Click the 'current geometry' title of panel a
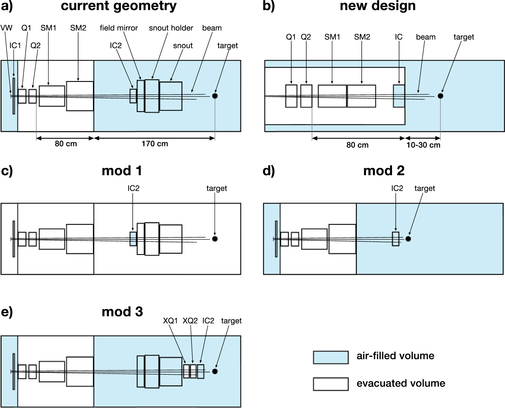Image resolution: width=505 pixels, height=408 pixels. pos(119,6)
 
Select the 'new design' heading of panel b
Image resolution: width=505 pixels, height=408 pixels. pos(378,6)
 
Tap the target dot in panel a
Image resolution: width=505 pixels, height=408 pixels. pos(215,96)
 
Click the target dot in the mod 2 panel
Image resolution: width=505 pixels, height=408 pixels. pos(408,239)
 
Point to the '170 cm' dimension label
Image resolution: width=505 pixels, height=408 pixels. pos(155,144)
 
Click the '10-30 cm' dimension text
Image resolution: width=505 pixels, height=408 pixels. pos(423,145)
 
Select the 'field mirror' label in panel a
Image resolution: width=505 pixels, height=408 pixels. pos(119,28)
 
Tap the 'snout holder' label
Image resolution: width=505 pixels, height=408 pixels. pos(171,28)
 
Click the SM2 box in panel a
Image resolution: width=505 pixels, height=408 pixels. pos(80,96)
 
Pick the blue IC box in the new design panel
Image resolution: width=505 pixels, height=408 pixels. pos(399,96)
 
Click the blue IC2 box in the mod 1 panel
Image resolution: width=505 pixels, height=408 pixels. pos(133,239)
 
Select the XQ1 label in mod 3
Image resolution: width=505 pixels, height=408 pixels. pos(170,321)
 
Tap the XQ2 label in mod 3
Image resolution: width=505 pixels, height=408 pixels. pos(190,321)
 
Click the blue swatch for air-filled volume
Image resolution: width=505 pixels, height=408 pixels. pos(331,358)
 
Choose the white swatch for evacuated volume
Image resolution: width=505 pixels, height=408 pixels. pos(331,384)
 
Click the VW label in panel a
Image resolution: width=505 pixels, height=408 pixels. pos(6,28)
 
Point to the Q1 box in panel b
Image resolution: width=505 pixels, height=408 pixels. pos(291,96)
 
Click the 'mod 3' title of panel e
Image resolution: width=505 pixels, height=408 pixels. pos(122,312)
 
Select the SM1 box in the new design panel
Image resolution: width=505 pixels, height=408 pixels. pos(332,96)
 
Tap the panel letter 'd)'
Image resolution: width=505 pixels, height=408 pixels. pos(269,171)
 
